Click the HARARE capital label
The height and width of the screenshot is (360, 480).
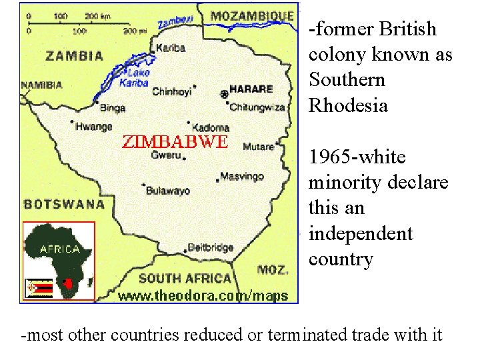point(251,89)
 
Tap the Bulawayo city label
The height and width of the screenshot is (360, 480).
point(167,190)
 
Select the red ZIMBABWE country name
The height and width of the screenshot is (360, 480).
point(175,141)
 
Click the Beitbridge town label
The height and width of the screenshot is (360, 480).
point(211,247)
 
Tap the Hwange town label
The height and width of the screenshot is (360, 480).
point(94,126)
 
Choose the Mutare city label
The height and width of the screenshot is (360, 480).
point(259,146)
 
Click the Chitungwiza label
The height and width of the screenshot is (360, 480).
point(257,107)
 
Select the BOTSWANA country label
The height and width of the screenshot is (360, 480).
point(65,204)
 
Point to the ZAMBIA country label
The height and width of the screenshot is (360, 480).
point(74,56)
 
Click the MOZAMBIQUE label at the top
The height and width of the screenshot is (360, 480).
point(251,15)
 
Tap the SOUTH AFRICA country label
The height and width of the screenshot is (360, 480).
point(185,279)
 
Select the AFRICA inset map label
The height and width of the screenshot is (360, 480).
point(60,249)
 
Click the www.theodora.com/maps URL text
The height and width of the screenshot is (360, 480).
point(203,296)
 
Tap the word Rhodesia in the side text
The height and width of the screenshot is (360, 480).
point(348,105)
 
